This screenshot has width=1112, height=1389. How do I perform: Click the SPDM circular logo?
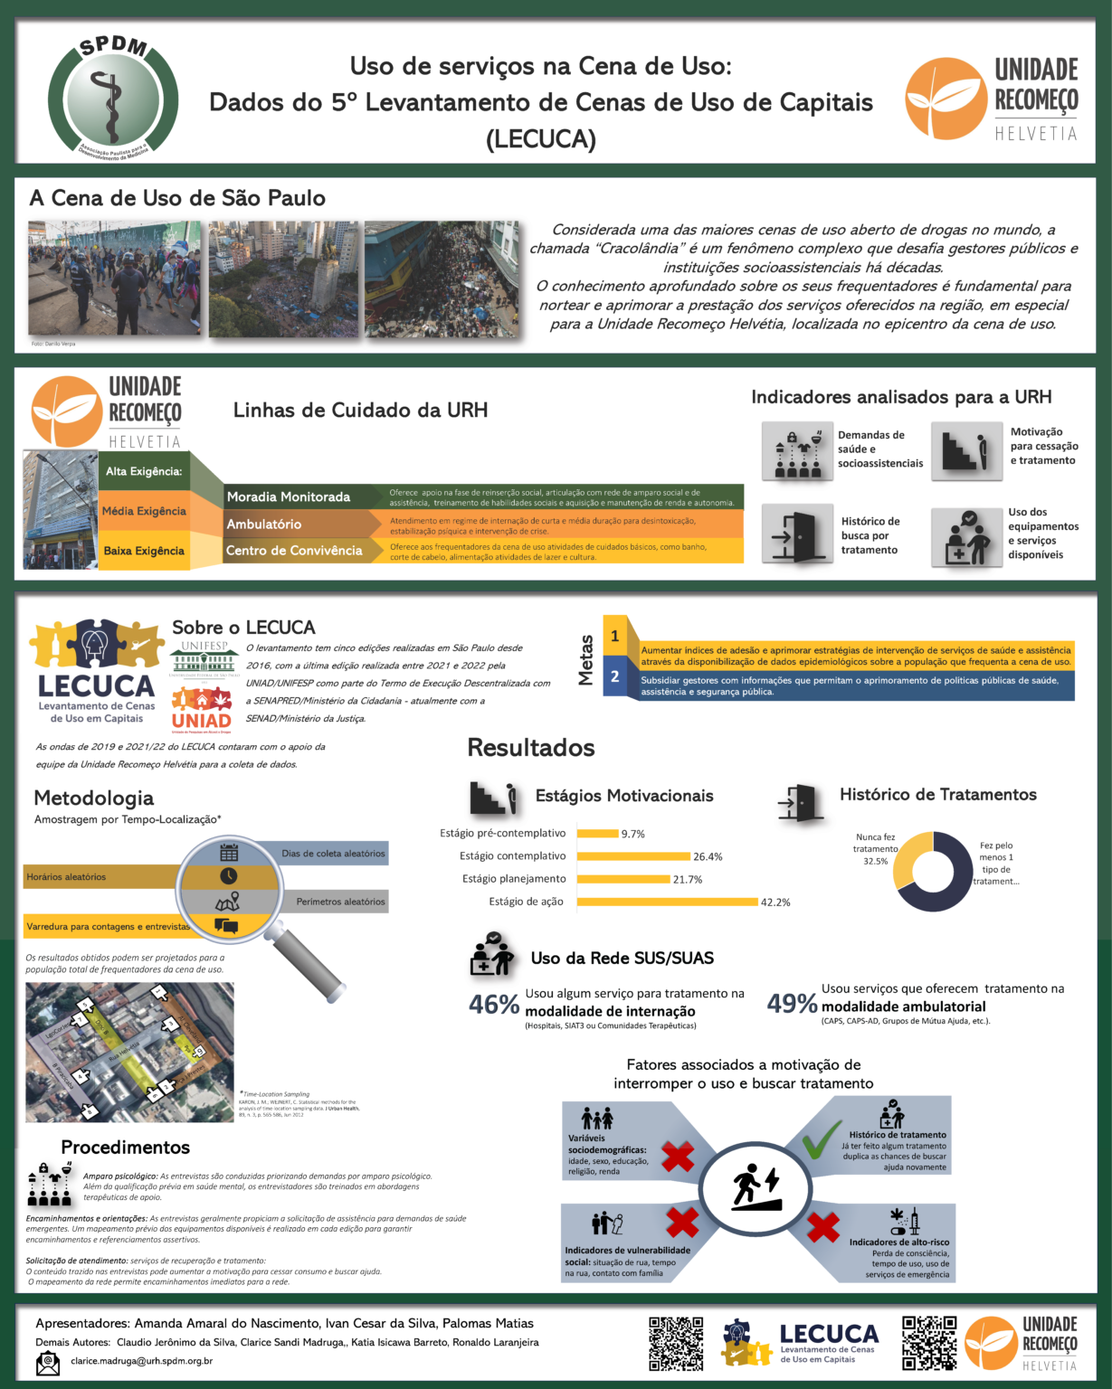pyautogui.click(x=113, y=99)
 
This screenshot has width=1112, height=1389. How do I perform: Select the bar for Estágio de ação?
pyautogui.click(x=667, y=902)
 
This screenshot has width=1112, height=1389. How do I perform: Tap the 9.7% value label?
pyautogui.click(x=632, y=834)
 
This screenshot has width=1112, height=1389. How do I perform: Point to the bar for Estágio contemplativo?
pyautogui.click(x=633, y=856)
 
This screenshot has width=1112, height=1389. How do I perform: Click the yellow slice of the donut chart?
pyautogui.click(x=909, y=859)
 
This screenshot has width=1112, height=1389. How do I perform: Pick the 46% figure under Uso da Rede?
pyautogui.click(x=494, y=1005)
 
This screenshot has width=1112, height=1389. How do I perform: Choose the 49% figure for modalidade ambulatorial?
pyautogui.click(x=792, y=1004)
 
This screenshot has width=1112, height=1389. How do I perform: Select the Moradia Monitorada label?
pyautogui.click(x=289, y=496)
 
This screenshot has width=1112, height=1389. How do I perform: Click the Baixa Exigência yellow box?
pyautogui.click(x=144, y=551)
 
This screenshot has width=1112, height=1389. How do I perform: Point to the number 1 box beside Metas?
pyautogui.click(x=615, y=636)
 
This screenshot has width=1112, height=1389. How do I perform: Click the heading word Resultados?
pyautogui.click(x=531, y=748)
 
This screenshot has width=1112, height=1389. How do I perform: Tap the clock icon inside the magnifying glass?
pyautogui.click(x=229, y=876)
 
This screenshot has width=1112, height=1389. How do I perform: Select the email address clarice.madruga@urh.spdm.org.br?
pyautogui.click(x=141, y=1361)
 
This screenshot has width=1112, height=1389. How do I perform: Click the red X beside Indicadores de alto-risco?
pyautogui.click(x=822, y=1227)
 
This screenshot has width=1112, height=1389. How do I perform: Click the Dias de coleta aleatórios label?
pyautogui.click(x=332, y=853)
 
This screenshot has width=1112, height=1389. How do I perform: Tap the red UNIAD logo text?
pyautogui.click(x=202, y=720)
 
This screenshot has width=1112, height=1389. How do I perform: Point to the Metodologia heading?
pyautogui.click(x=94, y=798)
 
